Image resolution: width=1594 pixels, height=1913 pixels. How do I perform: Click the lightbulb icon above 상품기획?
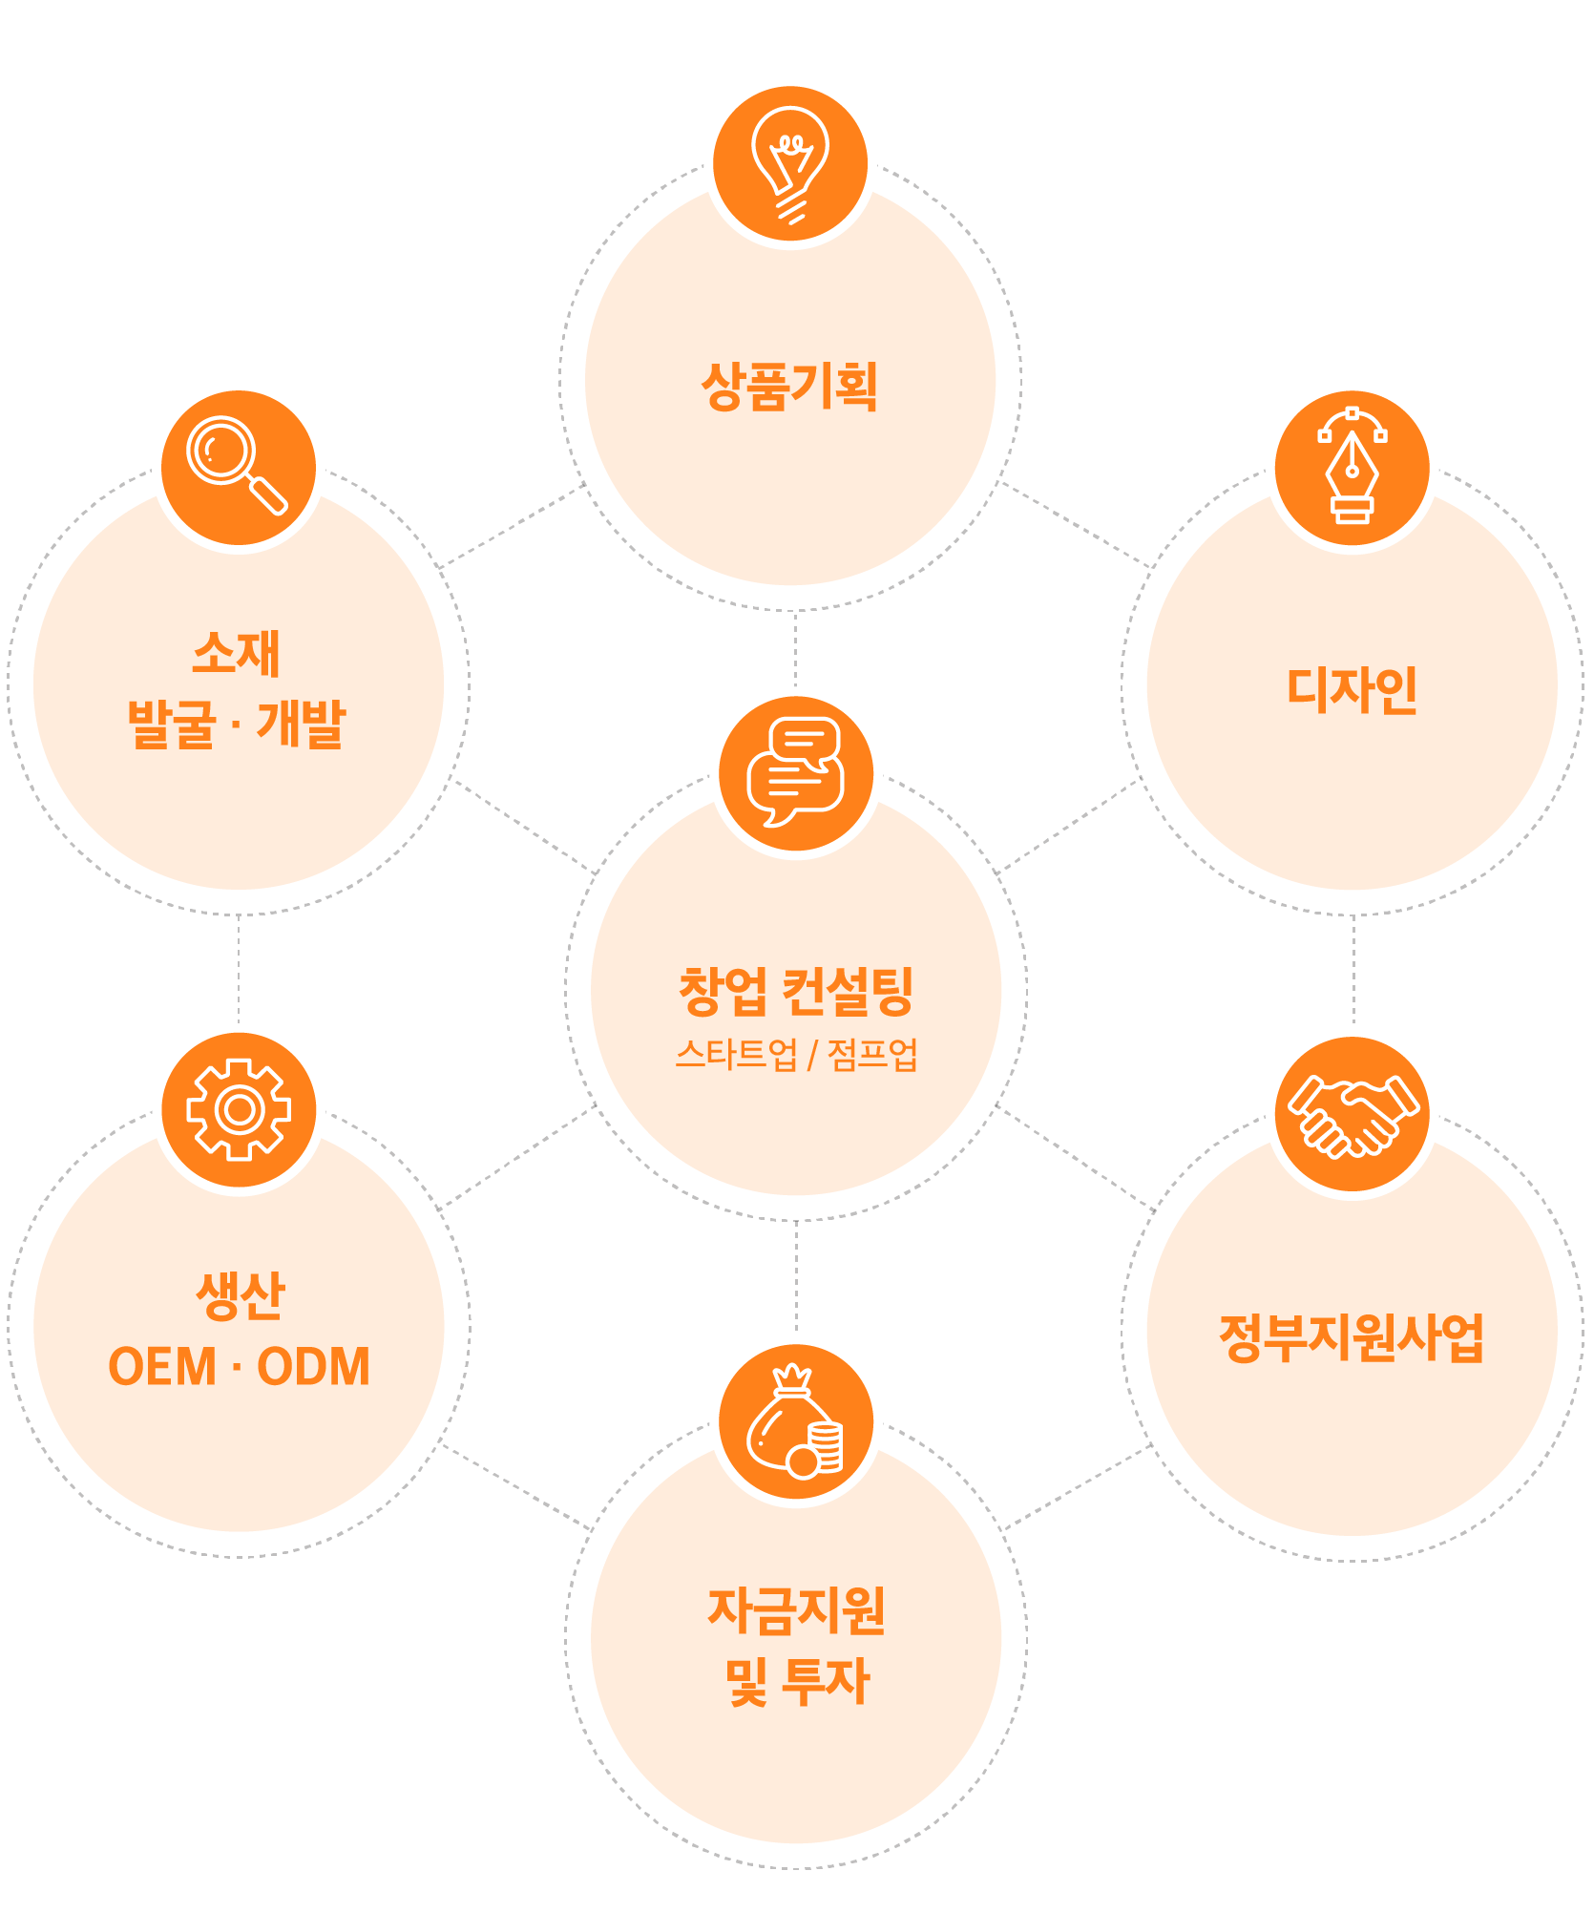pyautogui.click(x=790, y=164)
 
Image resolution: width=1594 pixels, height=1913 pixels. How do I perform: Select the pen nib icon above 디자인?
pyautogui.click(x=1352, y=468)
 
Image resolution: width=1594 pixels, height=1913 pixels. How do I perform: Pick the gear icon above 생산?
pyautogui.click(x=239, y=1109)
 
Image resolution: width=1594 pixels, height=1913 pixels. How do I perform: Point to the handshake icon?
pyautogui.click(x=1352, y=1114)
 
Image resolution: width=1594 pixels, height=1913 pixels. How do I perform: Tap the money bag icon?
pyautogui.click(x=796, y=1421)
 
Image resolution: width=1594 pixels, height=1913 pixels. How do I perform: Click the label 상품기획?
pyautogui.click(x=789, y=387)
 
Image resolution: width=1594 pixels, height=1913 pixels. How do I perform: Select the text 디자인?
pyautogui.click(x=1352, y=690)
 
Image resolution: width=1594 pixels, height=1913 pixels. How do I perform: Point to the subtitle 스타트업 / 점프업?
pyautogui.click(x=796, y=1055)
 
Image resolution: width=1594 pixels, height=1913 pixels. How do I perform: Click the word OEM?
pyautogui.click(x=162, y=1367)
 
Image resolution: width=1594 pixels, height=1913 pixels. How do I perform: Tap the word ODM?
pyautogui.click(x=313, y=1367)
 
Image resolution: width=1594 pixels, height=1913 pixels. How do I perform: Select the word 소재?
pyautogui.click(x=237, y=654)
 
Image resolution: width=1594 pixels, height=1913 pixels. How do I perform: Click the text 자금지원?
pyautogui.click(x=796, y=1611)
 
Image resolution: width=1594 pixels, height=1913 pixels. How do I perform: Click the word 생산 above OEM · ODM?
pyautogui.click(x=240, y=1296)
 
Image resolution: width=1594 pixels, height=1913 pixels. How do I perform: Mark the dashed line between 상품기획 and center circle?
pyautogui.click(x=796, y=651)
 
